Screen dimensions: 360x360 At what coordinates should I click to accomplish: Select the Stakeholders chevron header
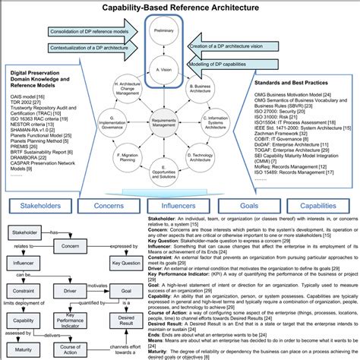coord(38,205)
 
